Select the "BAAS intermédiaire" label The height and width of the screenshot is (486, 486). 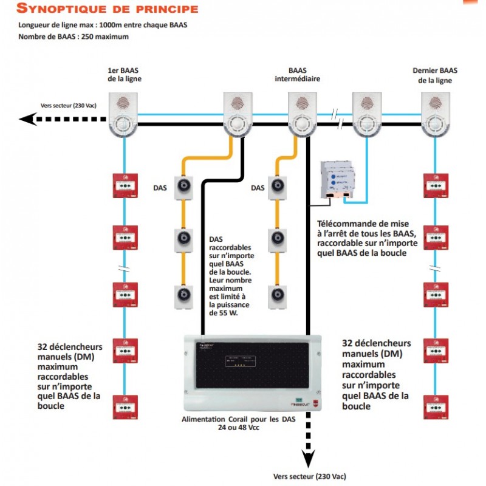[x=297, y=75]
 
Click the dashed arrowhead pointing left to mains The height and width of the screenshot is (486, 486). [x=28, y=118]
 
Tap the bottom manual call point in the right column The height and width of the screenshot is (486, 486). [x=436, y=406]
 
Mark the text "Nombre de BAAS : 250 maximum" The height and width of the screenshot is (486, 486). [x=73, y=36]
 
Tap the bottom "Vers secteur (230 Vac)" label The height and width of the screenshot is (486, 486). [x=309, y=477]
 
